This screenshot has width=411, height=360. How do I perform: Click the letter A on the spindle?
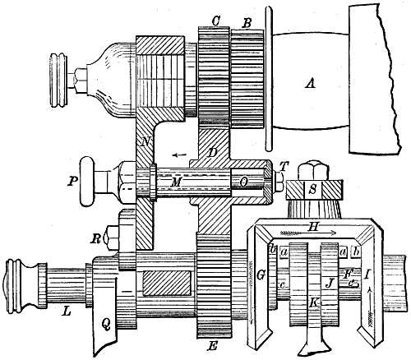310,82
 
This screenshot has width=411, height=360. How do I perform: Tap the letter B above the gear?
247,23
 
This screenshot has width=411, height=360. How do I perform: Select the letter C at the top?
216,21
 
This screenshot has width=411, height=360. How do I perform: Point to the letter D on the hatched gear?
212,153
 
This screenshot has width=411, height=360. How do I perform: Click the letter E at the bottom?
212,346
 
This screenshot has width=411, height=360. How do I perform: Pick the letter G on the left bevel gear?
261,275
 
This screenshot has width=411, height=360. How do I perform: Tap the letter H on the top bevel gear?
312,227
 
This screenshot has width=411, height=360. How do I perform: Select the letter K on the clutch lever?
314,302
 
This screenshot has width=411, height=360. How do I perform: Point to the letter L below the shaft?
67,312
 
